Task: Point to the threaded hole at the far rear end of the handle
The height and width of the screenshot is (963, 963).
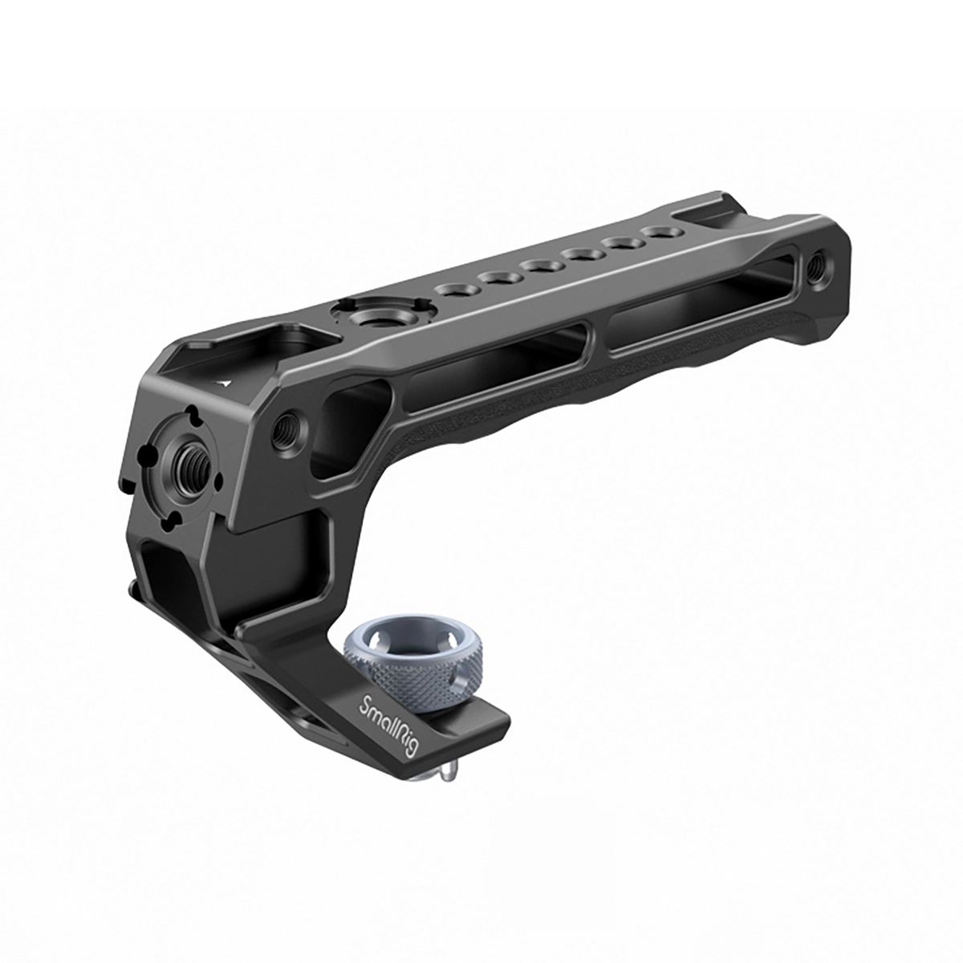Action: tap(818, 274)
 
